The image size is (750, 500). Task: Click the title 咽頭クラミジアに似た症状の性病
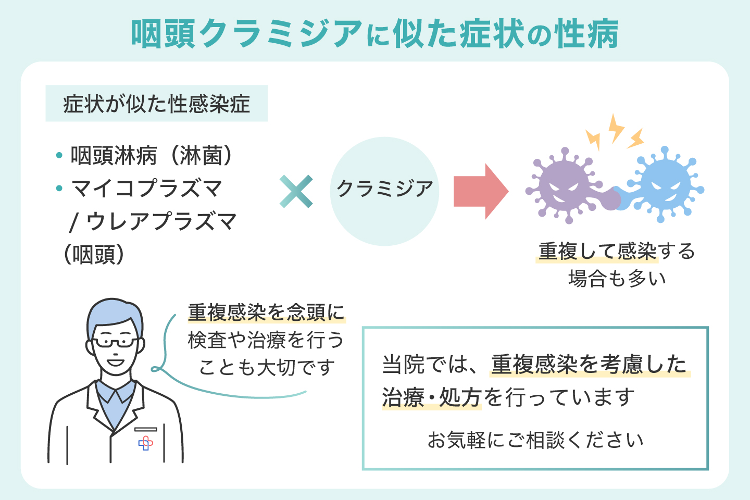point(374,34)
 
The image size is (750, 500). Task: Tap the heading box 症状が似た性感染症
point(157,104)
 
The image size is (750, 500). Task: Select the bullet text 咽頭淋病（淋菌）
point(152,155)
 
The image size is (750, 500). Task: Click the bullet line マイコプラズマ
point(146,189)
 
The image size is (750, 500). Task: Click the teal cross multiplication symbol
point(296,191)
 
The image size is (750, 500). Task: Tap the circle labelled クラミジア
point(384,191)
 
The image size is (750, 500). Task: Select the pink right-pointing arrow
point(480,191)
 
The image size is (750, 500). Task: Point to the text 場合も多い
point(617,279)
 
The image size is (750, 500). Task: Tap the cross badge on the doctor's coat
point(145,443)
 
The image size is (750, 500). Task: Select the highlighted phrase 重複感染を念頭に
point(266,312)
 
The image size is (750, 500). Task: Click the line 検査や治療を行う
point(266,340)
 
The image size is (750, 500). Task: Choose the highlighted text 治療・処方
point(431,398)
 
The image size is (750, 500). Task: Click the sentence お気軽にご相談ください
point(535,440)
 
